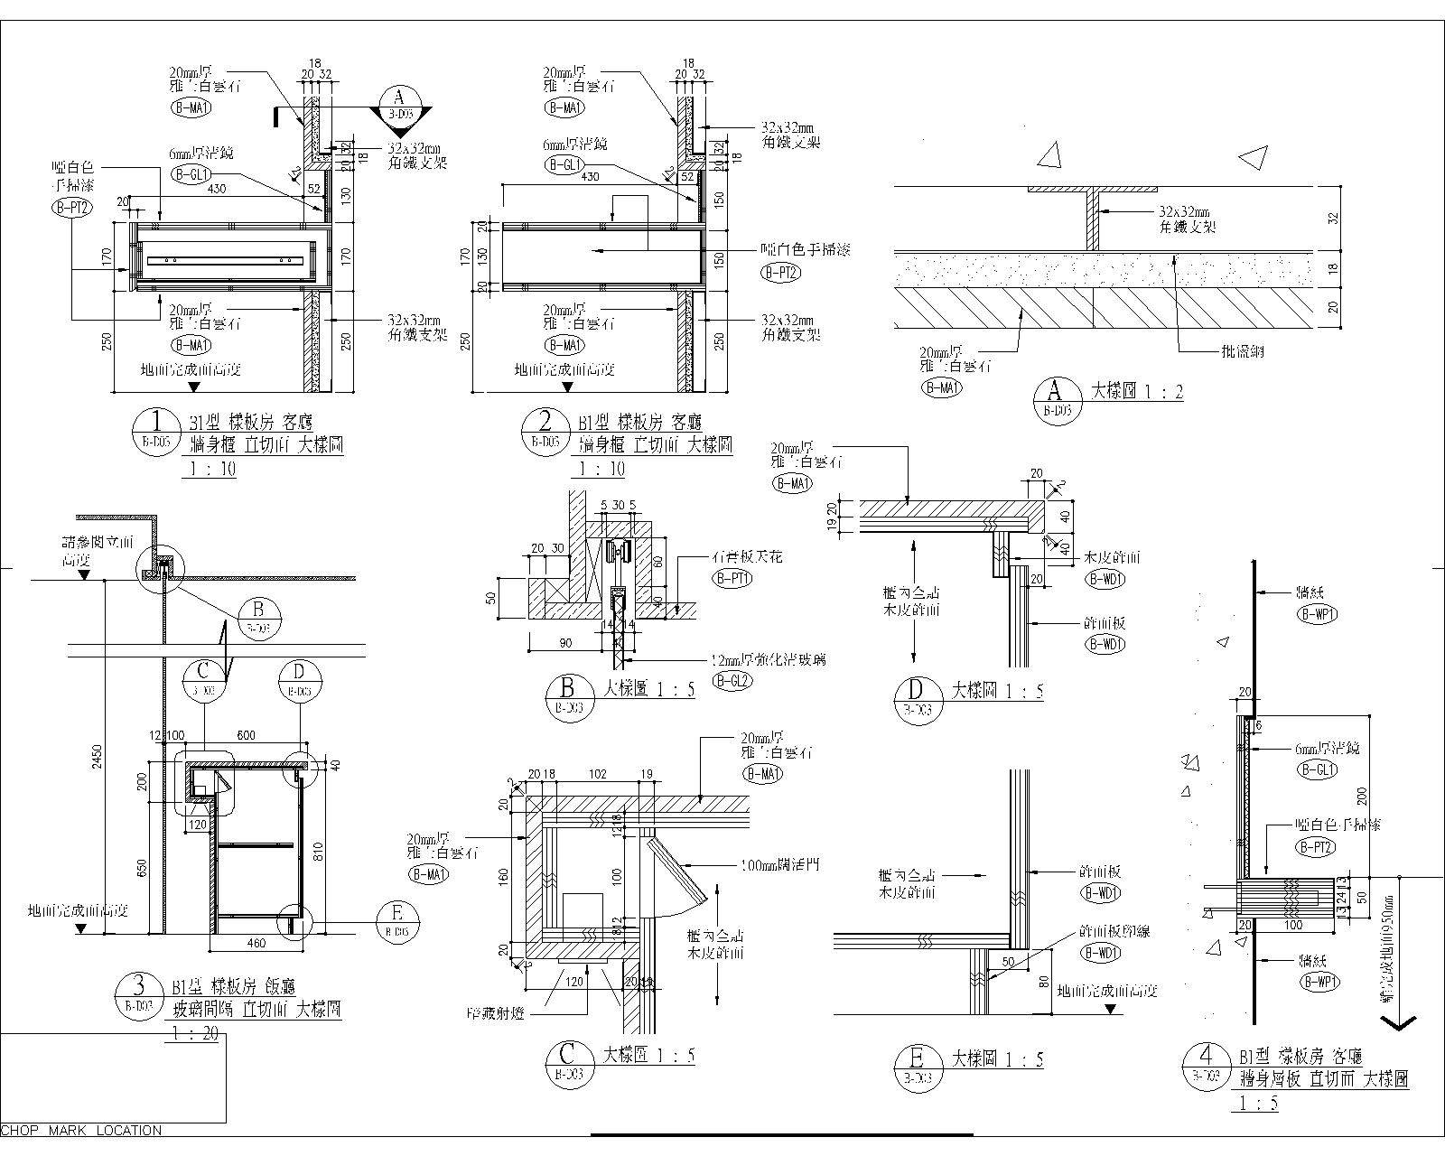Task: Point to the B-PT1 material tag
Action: pyautogui.click(x=732, y=578)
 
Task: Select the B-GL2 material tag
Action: pyautogui.click(x=732, y=681)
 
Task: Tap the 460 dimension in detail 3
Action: pyautogui.click(x=256, y=944)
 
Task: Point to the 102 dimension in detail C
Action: pyautogui.click(x=596, y=774)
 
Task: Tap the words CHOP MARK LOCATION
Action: pyautogui.click(x=82, y=1130)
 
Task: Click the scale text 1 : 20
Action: pyautogui.click(x=193, y=1034)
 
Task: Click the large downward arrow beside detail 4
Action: pyautogui.click(x=1398, y=1022)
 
